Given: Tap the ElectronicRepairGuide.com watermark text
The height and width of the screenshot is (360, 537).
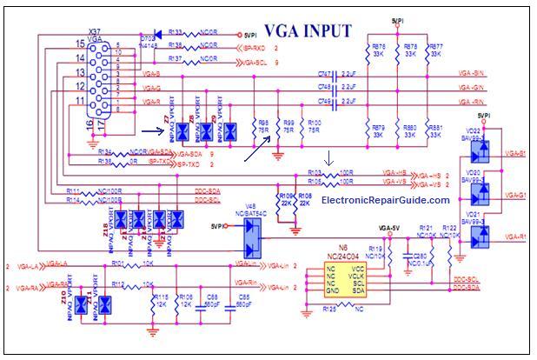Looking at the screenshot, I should coord(385,200).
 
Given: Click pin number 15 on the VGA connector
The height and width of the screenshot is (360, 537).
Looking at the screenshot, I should coord(80,43).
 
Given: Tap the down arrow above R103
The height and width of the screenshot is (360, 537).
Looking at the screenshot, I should coord(328,159).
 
